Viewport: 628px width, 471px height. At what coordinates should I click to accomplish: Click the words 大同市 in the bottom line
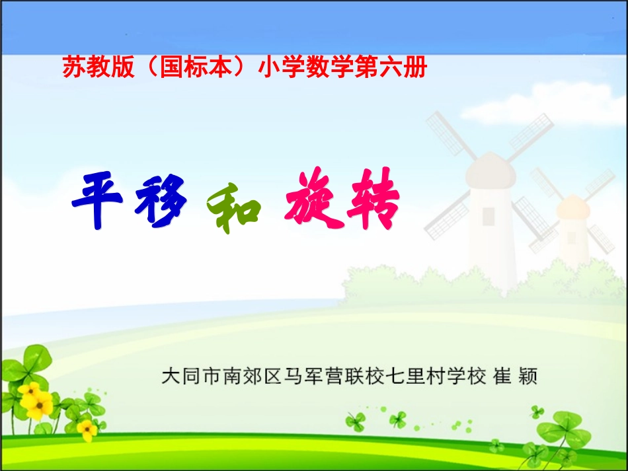(191, 377)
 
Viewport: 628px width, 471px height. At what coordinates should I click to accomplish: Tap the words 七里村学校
(436, 377)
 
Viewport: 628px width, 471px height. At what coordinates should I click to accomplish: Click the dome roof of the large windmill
(490, 169)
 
